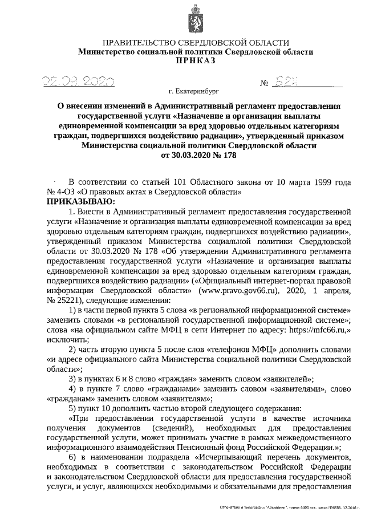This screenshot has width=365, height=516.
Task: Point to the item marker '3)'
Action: click(73, 378)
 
